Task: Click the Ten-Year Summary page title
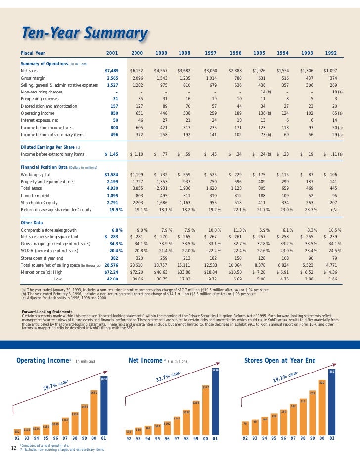[x=84, y=34]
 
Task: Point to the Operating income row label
[x=40, y=112]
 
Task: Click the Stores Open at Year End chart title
[x=279, y=360]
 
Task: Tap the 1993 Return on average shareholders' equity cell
[x=310, y=209]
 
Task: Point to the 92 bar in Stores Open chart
[x=245, y=428]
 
